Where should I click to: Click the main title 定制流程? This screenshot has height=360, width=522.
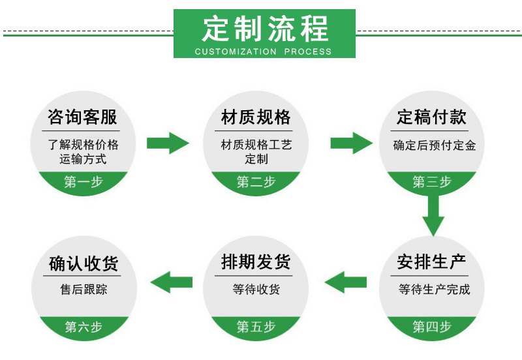coord(265,29)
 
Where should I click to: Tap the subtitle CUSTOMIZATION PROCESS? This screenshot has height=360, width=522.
coord(264,52)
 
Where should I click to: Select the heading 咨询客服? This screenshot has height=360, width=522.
coord(83,117)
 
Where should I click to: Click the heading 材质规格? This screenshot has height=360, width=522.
coord(256,117)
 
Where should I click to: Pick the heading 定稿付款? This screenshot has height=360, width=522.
coord(432,117)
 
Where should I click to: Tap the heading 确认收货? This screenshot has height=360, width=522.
coord(83,264)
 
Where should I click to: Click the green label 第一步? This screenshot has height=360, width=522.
coord(83,182)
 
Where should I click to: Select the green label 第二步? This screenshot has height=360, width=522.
coord(256,182)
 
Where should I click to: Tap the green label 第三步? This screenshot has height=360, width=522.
coord(432,182)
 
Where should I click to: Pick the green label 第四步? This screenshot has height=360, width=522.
coord(432,327)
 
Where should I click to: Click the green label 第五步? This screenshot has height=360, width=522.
coord(256,327)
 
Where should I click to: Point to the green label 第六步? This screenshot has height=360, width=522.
coord(83,327)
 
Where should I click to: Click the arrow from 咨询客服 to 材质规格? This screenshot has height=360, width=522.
coord(168,142)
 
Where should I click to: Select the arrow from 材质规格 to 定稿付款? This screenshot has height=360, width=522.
coord(351,142)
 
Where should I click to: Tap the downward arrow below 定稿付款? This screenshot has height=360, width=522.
coord(433,215)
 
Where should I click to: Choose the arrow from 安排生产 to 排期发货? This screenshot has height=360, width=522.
coord(345,282)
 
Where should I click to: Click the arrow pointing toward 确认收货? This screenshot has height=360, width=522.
coord(171,282)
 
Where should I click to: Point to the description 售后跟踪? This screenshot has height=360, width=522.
coord(83,290)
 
